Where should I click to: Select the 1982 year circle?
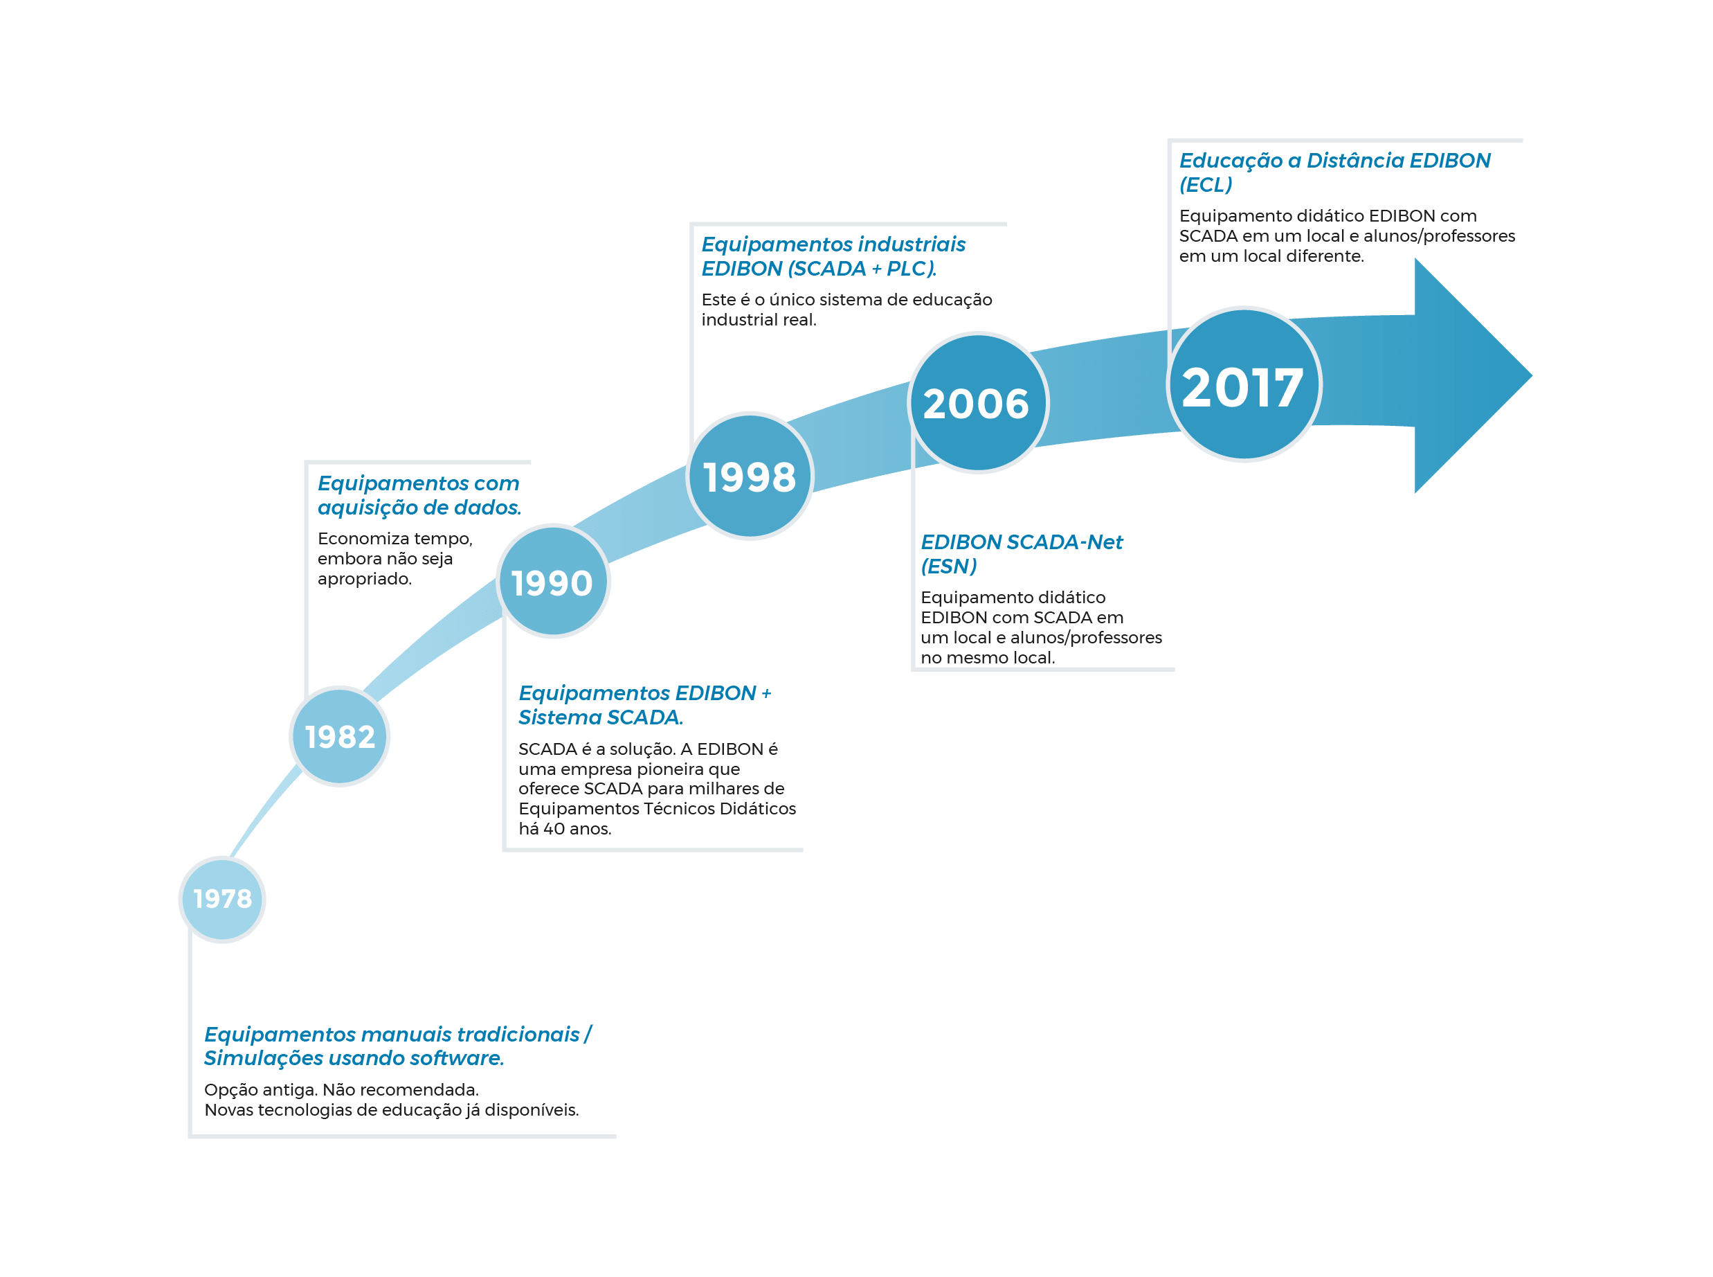[339, 736]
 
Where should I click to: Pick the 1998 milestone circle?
[750, 475]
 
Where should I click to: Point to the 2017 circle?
[1243, 384]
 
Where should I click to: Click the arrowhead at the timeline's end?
[1473, 375]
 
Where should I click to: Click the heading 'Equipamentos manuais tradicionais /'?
[398, 1035]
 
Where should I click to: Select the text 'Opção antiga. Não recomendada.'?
[341, 1089]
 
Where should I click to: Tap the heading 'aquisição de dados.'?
[419, 507]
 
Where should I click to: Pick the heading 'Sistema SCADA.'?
[600, 717]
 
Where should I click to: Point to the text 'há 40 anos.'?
[565, 829]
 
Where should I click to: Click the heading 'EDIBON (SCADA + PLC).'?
[819, 268]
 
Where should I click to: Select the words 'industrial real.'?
[759, 319]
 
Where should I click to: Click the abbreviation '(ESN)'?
[949, 566]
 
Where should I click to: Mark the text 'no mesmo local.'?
[988, 658]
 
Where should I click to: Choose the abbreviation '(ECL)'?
[1206, 185]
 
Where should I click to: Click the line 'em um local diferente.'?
[1271, 256]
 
